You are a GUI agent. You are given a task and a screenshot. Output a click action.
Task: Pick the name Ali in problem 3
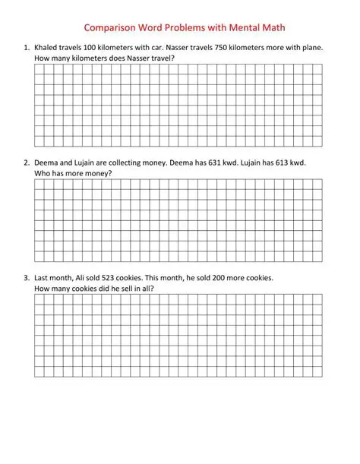pos(83,279)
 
